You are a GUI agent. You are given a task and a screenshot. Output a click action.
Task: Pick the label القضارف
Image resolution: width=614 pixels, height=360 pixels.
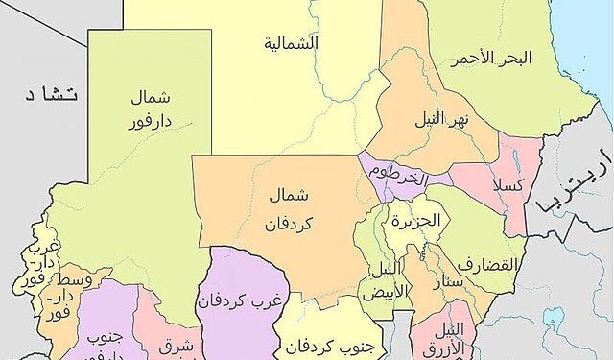pyautogui.click(x=486, y=264)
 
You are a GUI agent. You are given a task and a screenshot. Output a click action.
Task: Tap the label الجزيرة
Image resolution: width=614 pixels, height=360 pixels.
pyautogui.click(x=414, y=220)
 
